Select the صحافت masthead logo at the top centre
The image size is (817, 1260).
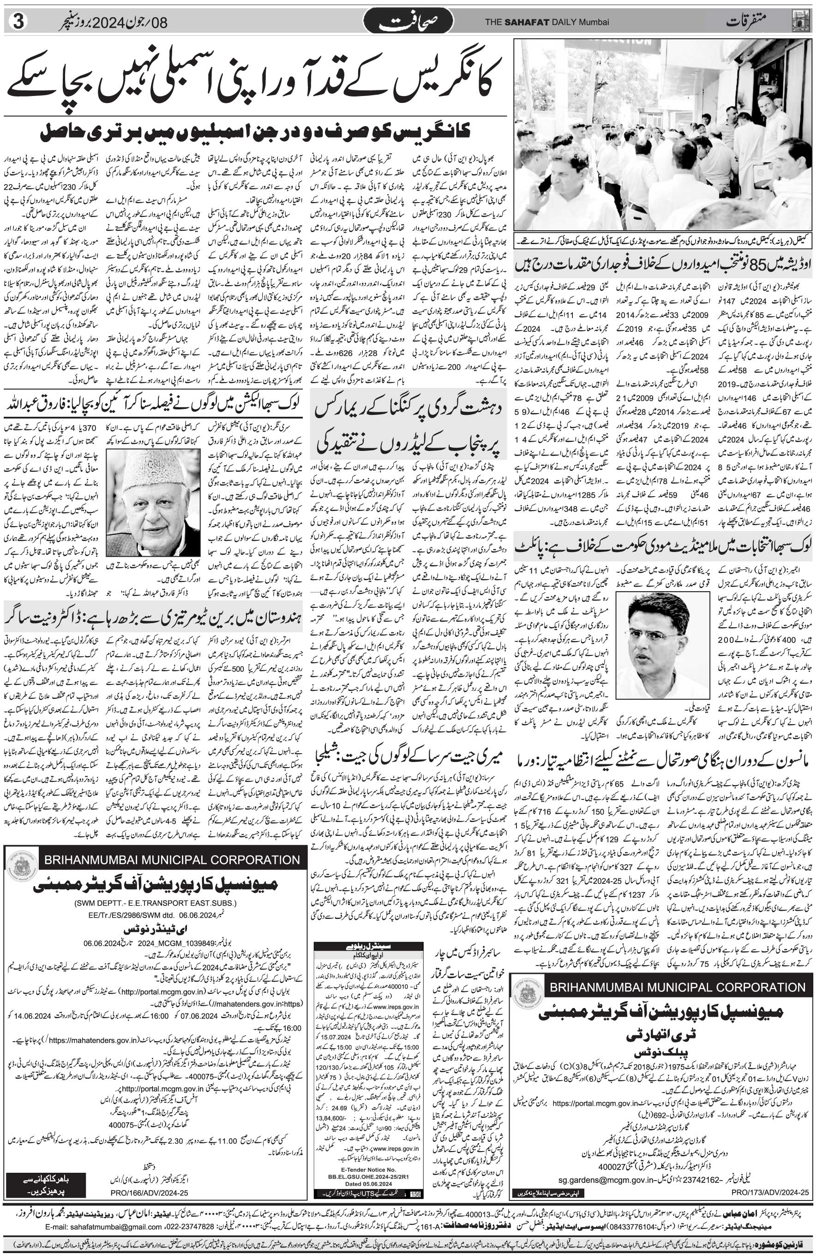tap(408, 22)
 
